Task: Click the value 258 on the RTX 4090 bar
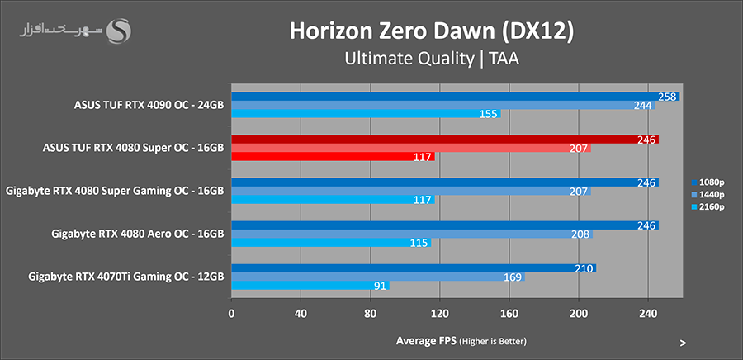[x=668, y=97]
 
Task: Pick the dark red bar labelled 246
[x=445, y=140]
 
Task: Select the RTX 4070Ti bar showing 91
[x=310, y=286]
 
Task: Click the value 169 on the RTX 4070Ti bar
[x=512, y=277]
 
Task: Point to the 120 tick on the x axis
[x=439, y=314]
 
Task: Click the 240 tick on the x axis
[x=648, y=314]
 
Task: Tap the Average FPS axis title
[x=461, y=341]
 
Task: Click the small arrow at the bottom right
[x=683, y=342]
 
